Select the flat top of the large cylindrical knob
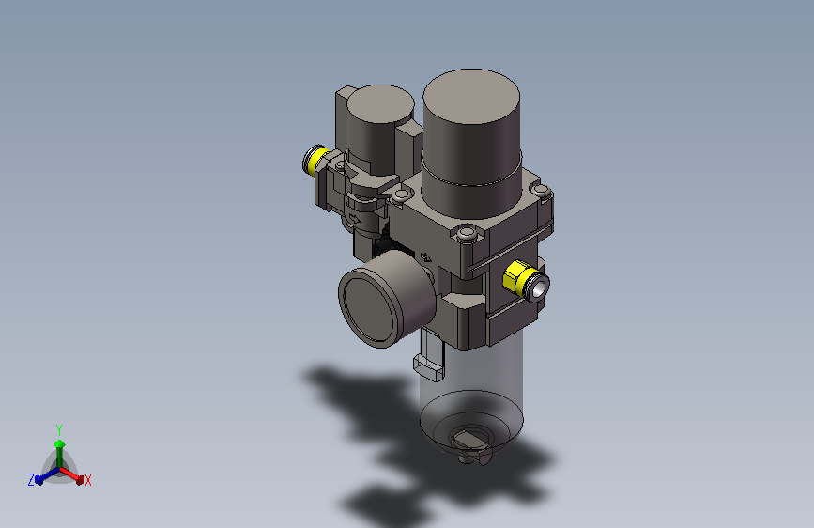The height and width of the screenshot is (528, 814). (471, 96)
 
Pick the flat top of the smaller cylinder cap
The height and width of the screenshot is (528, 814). (380, 104)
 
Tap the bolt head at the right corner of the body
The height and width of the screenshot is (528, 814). (541, 190)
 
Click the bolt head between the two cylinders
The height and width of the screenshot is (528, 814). (402, 195)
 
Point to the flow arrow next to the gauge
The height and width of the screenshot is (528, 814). (425, 257)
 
